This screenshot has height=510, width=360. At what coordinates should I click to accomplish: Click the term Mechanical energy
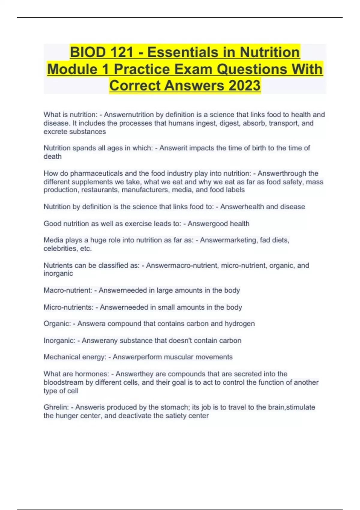tap(75, 357)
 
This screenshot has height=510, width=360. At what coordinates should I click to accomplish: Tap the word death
tap(52, 156)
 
